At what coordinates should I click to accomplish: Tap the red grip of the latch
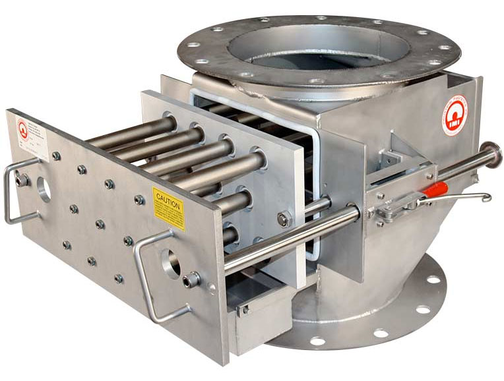pos(434,191)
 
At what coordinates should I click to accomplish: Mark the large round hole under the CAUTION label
pos(172,264)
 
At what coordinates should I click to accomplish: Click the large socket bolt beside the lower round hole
pos(191,280)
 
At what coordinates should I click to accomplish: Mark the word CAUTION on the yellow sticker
pos(168,205)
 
